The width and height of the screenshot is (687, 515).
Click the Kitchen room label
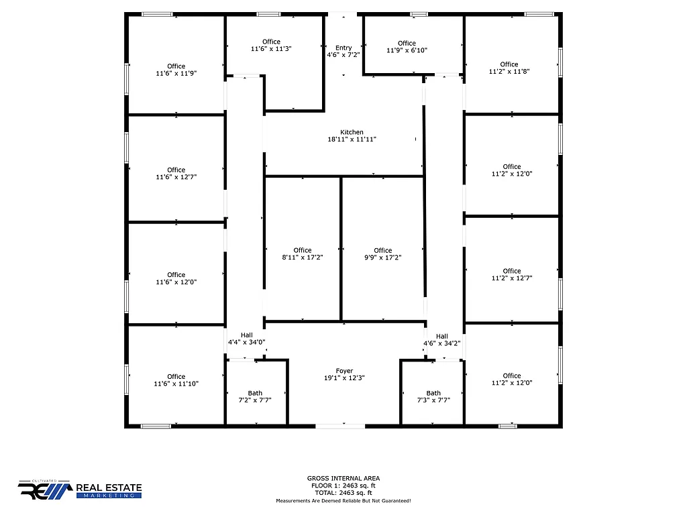[x=352, y=132]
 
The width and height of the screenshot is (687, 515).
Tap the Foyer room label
[x=344, y=370]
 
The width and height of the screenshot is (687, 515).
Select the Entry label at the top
[x=343, y=48]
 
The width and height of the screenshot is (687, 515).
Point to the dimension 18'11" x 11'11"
[x=352, y=139]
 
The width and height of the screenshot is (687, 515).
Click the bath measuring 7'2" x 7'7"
[x=255, y=396]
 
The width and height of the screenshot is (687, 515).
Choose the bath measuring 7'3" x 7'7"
[x=433, y=396]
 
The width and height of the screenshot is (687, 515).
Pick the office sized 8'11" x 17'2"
[x=303, y=253]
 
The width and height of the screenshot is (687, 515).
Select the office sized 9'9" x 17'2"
[x=382, y=253]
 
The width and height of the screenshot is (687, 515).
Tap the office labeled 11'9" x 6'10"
[x=407, y=47]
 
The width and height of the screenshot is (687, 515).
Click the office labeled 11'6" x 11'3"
[x=271, y=45]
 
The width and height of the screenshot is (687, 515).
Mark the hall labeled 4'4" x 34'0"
[x=247, y=339]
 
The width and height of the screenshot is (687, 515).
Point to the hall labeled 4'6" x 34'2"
[x=441, y=339]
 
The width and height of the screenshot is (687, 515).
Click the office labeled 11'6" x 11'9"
[x=176, y=70]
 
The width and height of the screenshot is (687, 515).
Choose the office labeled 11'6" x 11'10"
[x=176, y=380]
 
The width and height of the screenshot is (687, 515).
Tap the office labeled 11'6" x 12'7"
[x=176, y=173]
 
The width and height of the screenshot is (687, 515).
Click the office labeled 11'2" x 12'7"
[x=512, y=274]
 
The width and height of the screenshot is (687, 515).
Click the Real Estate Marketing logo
[x=80, y=490]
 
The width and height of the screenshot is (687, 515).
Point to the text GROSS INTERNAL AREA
[x=343, y=478]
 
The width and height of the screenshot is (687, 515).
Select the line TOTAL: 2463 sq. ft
[x=343, y=493]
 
